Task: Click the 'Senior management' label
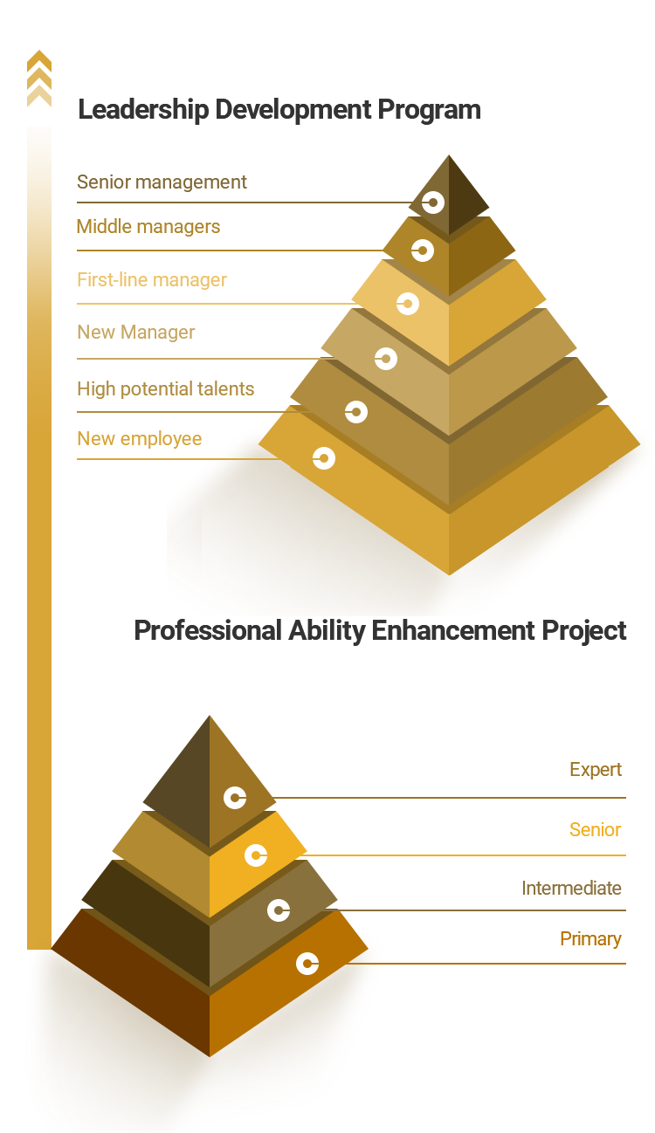point(162,182)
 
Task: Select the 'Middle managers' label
point(148,227)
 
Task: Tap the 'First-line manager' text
point(152,279)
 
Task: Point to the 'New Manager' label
point(135,333)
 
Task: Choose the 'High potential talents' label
point(166,389)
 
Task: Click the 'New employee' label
point(139,438)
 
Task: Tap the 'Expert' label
point(596,769)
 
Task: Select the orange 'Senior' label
point(595,829)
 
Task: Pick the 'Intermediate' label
point(571,889)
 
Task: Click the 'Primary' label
point(590,938)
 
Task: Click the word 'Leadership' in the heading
point(143,110)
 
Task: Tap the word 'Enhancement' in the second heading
point(453,631)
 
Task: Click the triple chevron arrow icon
point(39,79)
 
